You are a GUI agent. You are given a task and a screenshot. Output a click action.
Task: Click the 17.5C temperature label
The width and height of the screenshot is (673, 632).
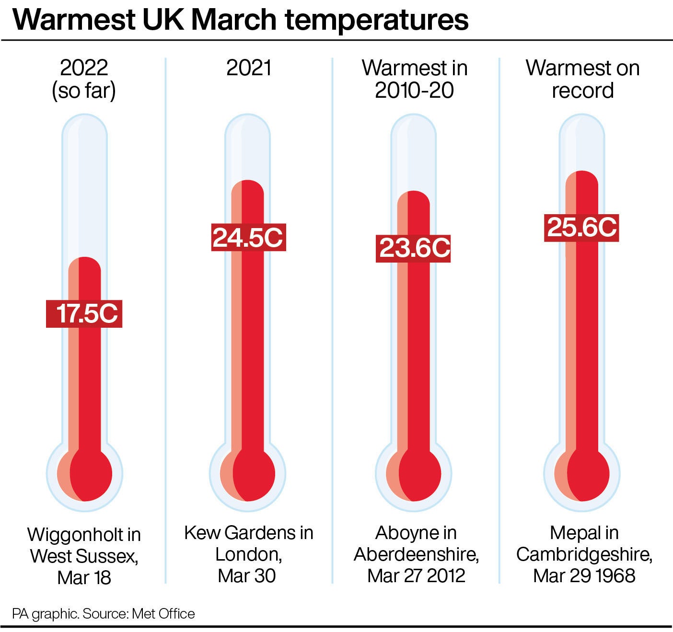(84, 313)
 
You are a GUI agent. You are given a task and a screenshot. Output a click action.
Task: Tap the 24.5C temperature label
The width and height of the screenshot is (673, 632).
(248, 237)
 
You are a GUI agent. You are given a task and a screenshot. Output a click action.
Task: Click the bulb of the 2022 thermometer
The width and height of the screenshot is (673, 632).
(85, 474)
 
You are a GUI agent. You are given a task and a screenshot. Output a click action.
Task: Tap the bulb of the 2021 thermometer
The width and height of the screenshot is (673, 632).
(248, 474)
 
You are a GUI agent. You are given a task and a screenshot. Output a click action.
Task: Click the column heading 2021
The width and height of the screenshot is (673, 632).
(249, 68)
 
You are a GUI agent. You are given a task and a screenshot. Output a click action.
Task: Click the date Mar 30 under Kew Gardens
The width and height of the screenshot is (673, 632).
(247, 575)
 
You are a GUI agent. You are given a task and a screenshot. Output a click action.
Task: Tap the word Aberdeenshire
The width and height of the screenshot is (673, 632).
(417, 555)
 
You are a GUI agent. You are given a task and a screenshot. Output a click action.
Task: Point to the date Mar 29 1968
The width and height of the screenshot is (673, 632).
(584, 575)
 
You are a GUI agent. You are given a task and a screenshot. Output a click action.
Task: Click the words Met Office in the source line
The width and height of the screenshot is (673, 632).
(163, 614)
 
